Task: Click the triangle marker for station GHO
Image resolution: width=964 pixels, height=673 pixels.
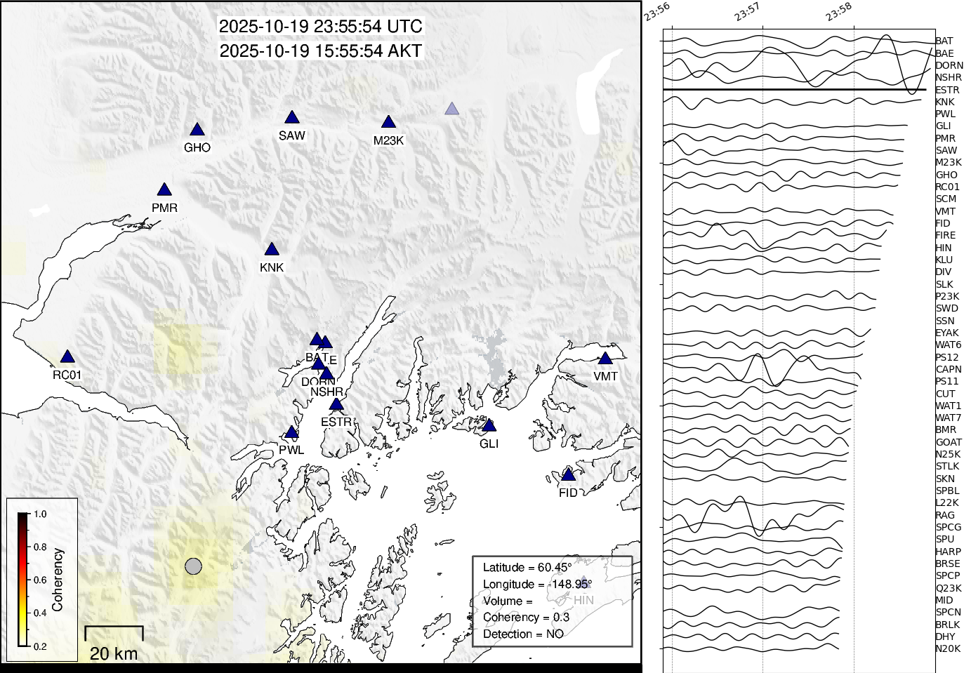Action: click(x=197, y=130)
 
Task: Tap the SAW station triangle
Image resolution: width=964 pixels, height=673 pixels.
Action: click(x=292, y=118)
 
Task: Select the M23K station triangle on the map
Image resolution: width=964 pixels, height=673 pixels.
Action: click(x=388, y=123)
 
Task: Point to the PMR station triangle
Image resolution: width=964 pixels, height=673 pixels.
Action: click(x=164, y=190)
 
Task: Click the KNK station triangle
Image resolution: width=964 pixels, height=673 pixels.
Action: click(x=272, y=250)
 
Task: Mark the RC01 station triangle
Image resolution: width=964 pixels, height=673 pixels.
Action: click(x=67, y=357)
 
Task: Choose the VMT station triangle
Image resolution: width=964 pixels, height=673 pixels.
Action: click(x=605, y=359)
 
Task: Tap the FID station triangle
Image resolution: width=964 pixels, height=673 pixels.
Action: click(x=568, y=475)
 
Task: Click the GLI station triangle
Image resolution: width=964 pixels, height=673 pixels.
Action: click(x=489, y=426)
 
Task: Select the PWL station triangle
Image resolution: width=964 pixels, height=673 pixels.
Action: click(x=291, y=432)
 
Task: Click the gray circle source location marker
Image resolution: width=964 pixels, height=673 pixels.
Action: click(x=193, y=566)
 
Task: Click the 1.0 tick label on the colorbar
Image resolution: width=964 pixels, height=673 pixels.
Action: click(x=40, y=514)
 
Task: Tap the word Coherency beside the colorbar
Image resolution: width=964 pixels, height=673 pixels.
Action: click(x=58, y=580)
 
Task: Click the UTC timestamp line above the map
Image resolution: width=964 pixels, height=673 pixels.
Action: click(x=321, y=27)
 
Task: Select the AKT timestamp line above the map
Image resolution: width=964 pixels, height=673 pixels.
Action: click(x=321, y=51)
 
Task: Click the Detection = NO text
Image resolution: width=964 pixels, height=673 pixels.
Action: click(x=523, y=634)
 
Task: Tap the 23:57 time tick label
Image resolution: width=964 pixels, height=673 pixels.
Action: click(x=747, y=12)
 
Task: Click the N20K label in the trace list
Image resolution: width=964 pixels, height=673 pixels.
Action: click(x=948, y=648)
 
